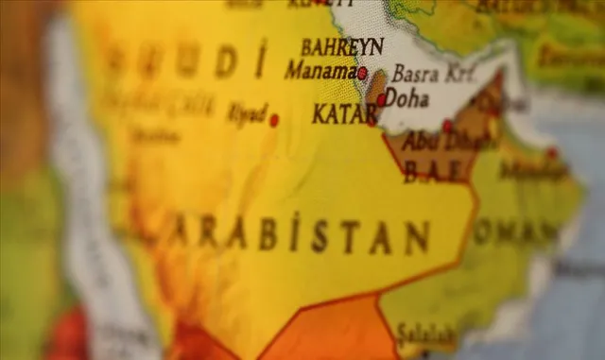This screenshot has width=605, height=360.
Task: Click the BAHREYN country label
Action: coord(342,46)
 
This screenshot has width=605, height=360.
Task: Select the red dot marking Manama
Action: coord(362,73)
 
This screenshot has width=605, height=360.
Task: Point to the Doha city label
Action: coord(407,97)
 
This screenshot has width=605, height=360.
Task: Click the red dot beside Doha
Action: coord(381,99)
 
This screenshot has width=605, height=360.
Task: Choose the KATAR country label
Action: coord(342,114)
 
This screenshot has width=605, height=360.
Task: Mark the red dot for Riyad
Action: coord(274,120)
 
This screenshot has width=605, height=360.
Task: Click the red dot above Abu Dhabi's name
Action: coord(447,126)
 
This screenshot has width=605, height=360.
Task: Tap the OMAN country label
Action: coord(516,231)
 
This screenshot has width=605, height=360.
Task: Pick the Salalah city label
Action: coord(424,334)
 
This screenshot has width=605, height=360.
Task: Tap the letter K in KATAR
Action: coord(319,114)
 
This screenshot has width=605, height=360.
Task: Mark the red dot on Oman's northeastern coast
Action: coord(552,153)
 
